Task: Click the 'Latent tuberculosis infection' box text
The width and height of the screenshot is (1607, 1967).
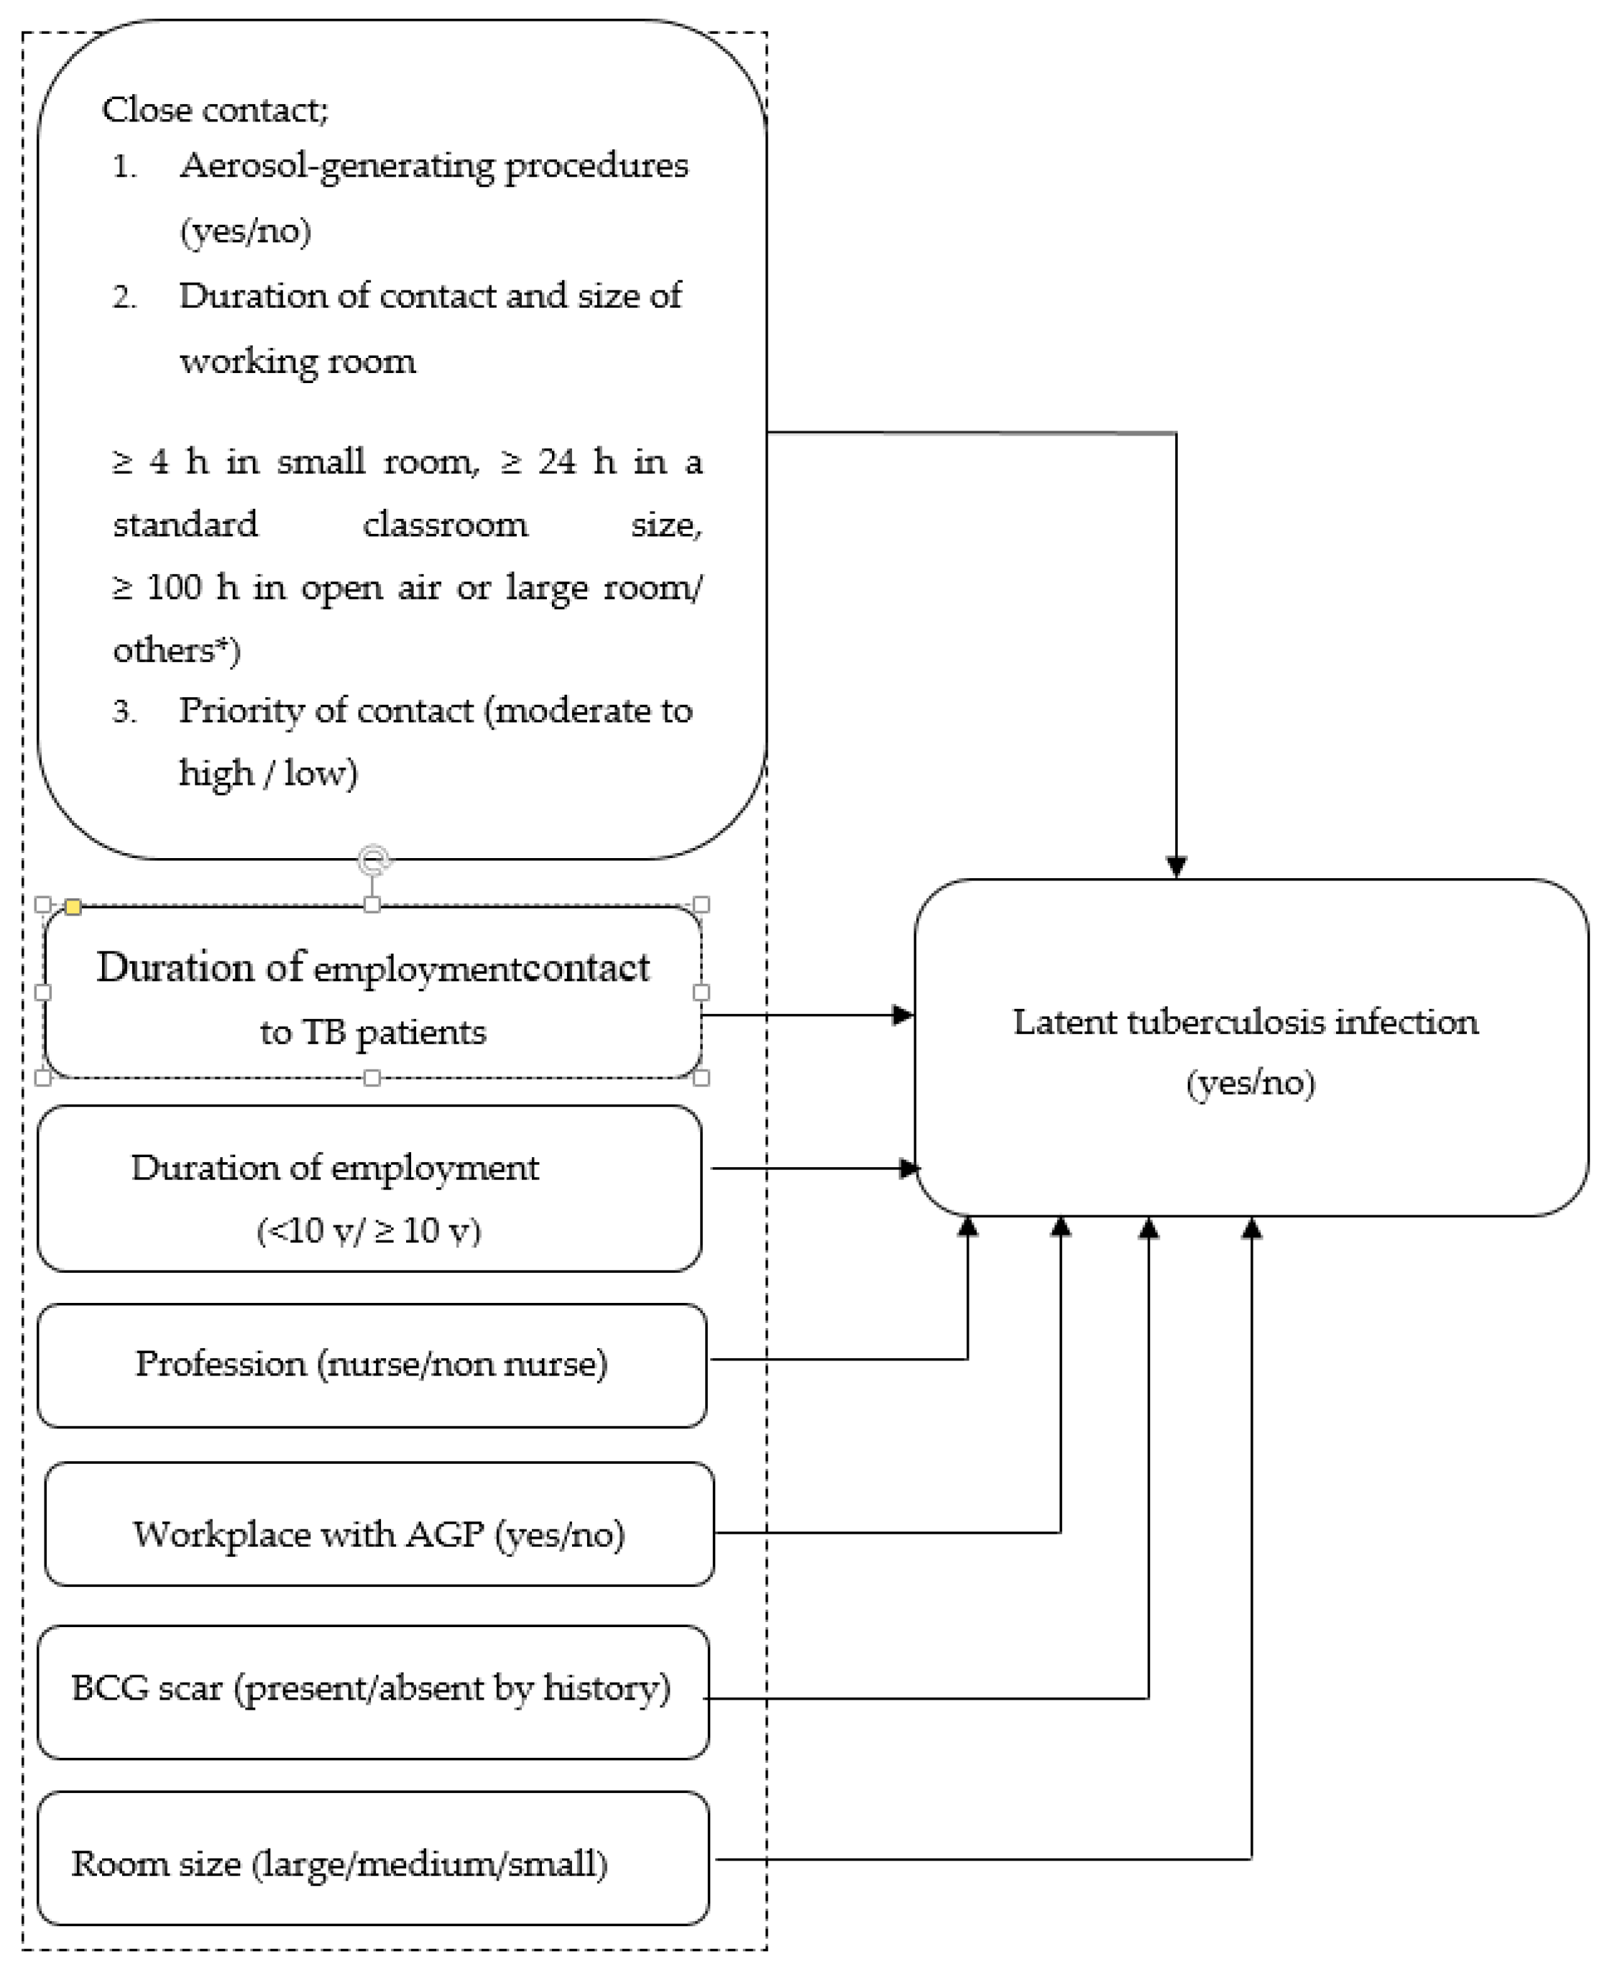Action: pos(1245,1023)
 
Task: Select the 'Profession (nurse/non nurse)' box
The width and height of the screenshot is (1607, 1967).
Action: pos(371,1365)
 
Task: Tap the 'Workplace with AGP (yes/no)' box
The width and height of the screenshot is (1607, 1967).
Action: pos(379,1535)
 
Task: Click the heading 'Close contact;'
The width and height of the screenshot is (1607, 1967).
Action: pos(215,110)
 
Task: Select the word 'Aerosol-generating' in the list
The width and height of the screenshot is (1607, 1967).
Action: pos(337,167)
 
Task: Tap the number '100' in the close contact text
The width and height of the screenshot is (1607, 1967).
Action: pos(174,588)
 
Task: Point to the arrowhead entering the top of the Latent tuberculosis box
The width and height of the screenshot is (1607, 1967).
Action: pos(1176,867)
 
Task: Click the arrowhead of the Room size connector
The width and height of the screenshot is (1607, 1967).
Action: pos(1251,1228)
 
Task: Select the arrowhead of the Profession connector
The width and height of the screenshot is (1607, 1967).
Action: pos(967,1228)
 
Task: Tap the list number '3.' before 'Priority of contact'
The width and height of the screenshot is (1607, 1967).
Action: pos(124,711)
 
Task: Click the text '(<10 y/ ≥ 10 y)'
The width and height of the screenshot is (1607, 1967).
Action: pos(369,1230)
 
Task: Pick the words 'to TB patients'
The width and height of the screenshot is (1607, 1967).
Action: pos(372,1032)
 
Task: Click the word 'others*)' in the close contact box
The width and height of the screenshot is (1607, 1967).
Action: pos(176,650)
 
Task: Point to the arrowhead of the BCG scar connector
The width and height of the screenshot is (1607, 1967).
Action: pos(1148,1228)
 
